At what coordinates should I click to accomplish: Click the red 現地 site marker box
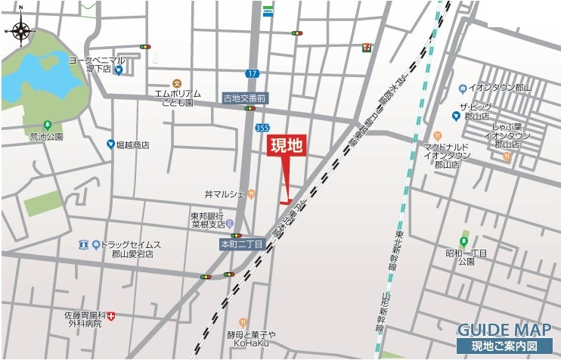coord(287,147)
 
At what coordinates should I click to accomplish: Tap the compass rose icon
coord(21,31)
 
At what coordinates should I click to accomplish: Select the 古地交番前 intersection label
coord(245,98)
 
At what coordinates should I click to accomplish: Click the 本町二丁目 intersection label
coord(241,245)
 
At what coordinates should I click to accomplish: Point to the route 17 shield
coord(252,73)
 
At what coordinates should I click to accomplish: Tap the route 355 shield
coord(262,129)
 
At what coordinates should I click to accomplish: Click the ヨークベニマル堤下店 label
coord(97,64)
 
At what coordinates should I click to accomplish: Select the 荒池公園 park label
coord(46,137)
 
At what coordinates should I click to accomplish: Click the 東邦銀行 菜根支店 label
coord(207,220)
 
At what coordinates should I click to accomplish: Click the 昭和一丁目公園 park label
coord(466,256)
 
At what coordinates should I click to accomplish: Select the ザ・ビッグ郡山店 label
coord(477,112)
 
